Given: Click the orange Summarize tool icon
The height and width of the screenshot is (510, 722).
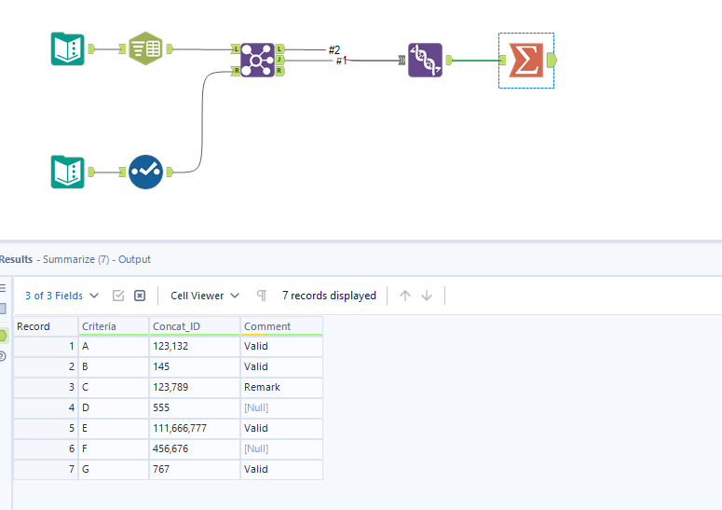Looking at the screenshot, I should [x=526, y=61].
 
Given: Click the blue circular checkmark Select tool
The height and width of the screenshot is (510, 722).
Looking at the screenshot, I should [x=145, y=172].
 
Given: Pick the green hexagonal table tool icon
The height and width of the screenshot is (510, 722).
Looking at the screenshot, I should [x=145, y=48].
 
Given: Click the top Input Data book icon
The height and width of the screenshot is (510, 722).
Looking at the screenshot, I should [x=68, y=48].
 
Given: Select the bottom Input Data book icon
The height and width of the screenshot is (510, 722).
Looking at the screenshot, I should [x=68, y=172].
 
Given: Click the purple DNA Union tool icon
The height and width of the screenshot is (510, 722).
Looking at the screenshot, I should [x=425, y=61].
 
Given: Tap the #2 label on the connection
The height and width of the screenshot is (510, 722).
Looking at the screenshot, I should [x=334, y=49].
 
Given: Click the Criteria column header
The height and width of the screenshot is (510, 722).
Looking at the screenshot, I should [x=99, y=326].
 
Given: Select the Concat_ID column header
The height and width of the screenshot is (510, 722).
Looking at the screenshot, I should [x=174, y=326].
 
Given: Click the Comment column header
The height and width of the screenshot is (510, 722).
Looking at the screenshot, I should [x=267, y=326].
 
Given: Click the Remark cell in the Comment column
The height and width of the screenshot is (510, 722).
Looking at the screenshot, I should [x=262, y=387].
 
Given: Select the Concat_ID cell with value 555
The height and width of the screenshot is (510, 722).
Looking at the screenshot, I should [x=164, y=407].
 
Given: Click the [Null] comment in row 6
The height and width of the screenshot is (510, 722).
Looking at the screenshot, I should [x=256, y=448].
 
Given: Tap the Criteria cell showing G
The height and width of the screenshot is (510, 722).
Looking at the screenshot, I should [x=87, y=469].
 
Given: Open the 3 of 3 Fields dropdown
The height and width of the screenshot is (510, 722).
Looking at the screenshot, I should [x=61, y=296].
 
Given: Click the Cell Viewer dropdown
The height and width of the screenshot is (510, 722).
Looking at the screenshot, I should [x=204, y=296].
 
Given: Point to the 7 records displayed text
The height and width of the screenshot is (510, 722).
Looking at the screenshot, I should [x=329, y=296].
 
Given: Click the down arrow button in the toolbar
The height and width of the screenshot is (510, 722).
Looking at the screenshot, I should [x=427, y=296].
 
